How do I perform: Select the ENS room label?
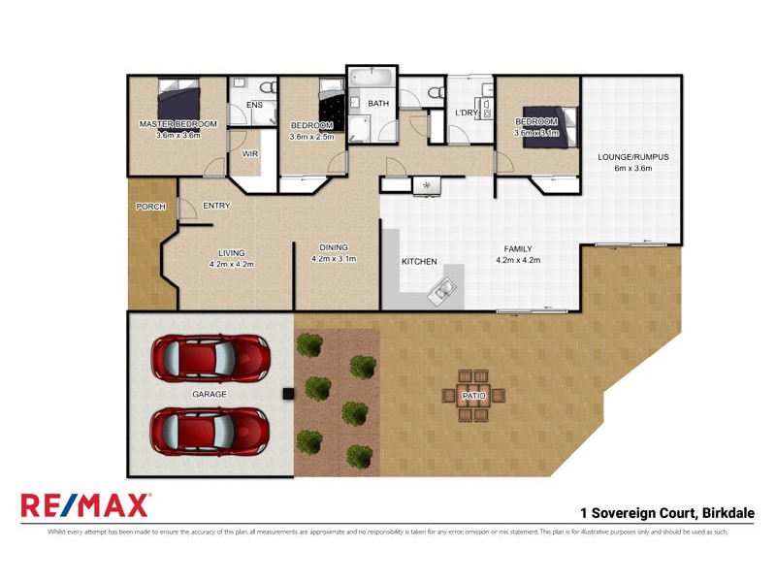[254, 105]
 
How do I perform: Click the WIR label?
[249, 154]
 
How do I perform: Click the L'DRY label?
[467, 113]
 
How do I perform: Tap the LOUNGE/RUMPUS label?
[633, 156]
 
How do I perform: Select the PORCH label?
[150, 207]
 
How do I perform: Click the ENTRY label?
[216, 205]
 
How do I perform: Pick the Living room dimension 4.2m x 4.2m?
[233, 264]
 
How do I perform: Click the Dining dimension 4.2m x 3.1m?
[334, 259]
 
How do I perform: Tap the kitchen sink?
[443, 288]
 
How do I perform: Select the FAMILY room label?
[518, 247]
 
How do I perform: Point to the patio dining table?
[474, 395]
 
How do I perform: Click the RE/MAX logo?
[85, 505]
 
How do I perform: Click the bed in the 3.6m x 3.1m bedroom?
[550, 126]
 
